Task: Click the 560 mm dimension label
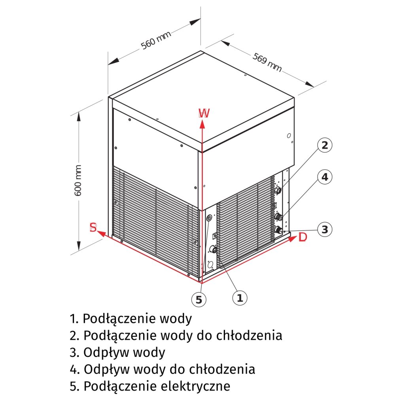tap(156, 40)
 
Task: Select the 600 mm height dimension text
tap(78, 180)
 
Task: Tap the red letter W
tap(204, 114)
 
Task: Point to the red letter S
tap(93, 227)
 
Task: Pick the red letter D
tap(303, 237)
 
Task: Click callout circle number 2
tap(324, 145)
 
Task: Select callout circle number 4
tap(324, 177)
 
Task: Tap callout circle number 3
tap(324, 229)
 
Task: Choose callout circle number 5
tap(199, 299)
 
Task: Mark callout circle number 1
tap(239, 297)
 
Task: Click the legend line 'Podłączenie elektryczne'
tap(150, 386)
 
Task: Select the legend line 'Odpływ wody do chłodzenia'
tap(163, 369)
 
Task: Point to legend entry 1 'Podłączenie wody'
tap(131, 318)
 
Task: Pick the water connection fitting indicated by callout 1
tap(213, 249)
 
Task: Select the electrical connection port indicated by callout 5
tap(209, 218)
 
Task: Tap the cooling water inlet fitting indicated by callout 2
tap(278, 191)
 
